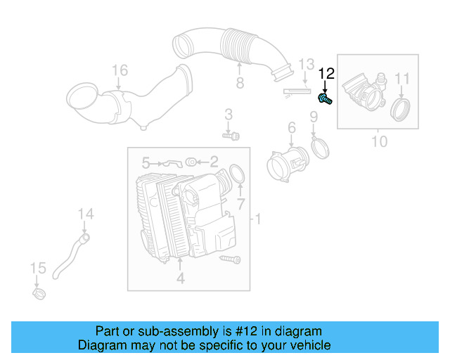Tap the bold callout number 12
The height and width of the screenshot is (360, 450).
click(327, 74)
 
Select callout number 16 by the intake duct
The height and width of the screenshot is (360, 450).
click(120, 70)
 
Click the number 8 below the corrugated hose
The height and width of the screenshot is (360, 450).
click(240, 84)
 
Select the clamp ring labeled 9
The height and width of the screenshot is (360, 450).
click(321, 148)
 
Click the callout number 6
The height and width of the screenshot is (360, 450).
click(290, 127)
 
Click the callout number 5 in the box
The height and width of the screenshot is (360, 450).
click(146, 162)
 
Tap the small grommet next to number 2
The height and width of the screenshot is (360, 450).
click(191, 162)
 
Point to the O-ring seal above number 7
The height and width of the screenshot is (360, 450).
click(237, 174)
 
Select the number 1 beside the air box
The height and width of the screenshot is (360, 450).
click(257, 221)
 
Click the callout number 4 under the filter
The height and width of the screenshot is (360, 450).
click(180, 279)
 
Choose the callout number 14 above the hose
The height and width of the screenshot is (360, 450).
click(85, 214)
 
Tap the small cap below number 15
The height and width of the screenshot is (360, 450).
click(39, 290)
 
